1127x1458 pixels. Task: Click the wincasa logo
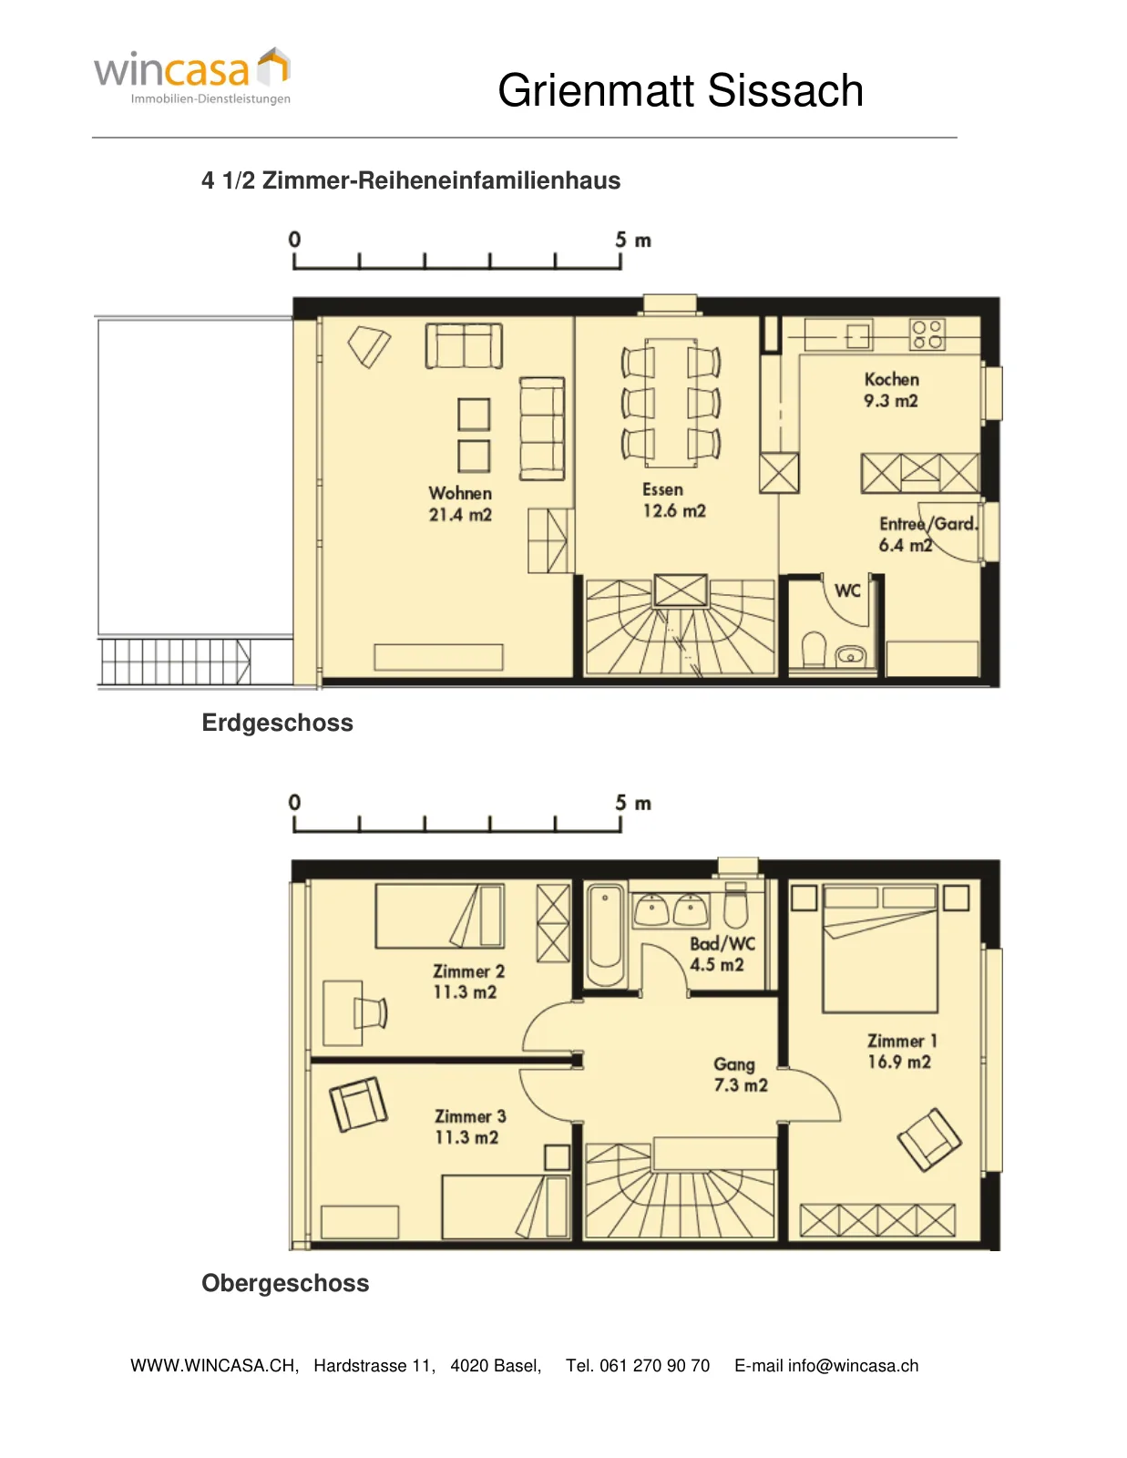coord(192,76)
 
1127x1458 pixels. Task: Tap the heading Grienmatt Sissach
coord(681,90)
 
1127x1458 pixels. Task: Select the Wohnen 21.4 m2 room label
coord(460,504)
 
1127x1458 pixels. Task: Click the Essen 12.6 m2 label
coord(673,500)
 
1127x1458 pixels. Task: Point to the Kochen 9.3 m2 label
coord(891,390)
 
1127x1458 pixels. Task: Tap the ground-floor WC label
coord(847,590)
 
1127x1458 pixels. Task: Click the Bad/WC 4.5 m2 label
coord(722,954)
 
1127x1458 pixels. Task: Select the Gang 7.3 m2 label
coord(740,1075)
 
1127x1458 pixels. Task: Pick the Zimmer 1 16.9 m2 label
coord(901,1052)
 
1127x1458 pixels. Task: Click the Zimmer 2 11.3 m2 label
coord(467,981)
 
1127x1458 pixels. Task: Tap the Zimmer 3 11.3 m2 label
coord(469,1127)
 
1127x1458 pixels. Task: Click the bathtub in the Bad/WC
coord(606,935)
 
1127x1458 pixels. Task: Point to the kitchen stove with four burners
coord(927,334)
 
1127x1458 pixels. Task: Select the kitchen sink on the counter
coord(858,336)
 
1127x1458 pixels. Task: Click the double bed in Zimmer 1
coord(880,950)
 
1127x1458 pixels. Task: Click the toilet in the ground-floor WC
coord(814,649)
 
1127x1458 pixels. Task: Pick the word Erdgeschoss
coord(277,723)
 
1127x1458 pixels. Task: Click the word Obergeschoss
coord(285,1283)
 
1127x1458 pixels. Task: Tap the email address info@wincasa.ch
coord(854,1365)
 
